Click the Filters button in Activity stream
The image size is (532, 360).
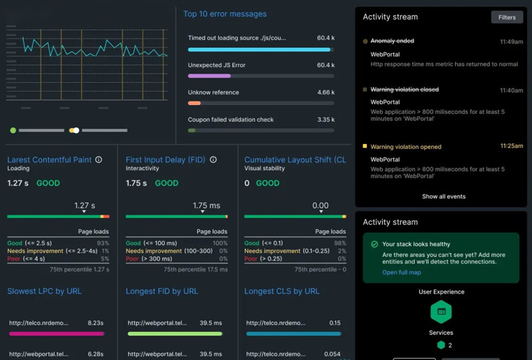[x=507, y=17]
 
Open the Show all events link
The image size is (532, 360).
[x=443, y=197]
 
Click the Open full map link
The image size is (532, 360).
[x=402, y=273]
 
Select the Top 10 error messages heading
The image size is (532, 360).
[x=225, y=14]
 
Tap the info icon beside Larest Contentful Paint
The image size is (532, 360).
[x=99, y=160]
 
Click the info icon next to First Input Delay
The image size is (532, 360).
[x=213, y=160]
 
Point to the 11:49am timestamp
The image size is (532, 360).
[x=511, y=42]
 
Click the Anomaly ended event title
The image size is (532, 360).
[x=392, y=42]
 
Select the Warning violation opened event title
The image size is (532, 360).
[x=405, y=147]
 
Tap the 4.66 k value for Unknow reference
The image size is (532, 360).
[x=325, y=93]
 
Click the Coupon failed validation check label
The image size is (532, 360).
[x=230, y=120]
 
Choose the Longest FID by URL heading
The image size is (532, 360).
[x=162, y=292]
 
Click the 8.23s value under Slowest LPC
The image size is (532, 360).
[x=96, y=323]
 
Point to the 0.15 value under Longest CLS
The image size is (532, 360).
[x=335, y=323]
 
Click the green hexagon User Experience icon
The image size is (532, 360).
[x=441, y=312]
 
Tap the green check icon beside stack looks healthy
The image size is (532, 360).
[x=374, y=245]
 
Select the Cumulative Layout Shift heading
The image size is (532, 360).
[x=295, y=160]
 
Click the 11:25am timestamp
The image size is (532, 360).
[x=511, y=146]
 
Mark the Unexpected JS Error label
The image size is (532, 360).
[x=217, y=66]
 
